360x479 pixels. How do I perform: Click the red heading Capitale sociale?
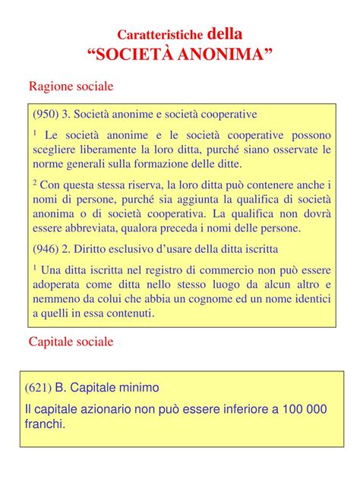tap(71, 342)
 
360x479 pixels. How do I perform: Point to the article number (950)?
tap(46, 114)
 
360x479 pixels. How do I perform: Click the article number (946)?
tap(46, 248)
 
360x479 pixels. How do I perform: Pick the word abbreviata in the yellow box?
tap(96, 228)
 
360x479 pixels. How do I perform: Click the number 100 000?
tap(298, 409)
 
